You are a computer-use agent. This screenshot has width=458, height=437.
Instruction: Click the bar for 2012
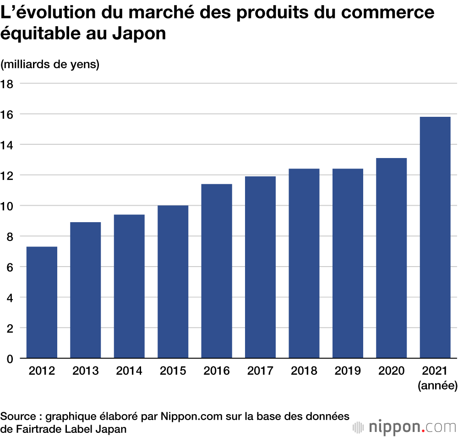tap(42, 302)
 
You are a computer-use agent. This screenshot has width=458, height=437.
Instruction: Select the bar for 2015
tap(173, 282)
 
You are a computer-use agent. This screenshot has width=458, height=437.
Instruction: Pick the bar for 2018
tap(304, 263)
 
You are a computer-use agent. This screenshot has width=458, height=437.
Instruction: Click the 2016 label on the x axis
tap(217, 371)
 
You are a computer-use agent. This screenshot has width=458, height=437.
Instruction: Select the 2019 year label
tap(348, 371)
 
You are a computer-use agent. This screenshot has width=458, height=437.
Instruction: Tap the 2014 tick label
tap(129, 371)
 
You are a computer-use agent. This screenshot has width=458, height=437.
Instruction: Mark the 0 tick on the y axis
tap(10, 359)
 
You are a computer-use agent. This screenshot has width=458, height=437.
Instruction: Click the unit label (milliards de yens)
tap(50, 65)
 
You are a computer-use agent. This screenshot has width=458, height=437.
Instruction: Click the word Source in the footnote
tap(19, 416)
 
